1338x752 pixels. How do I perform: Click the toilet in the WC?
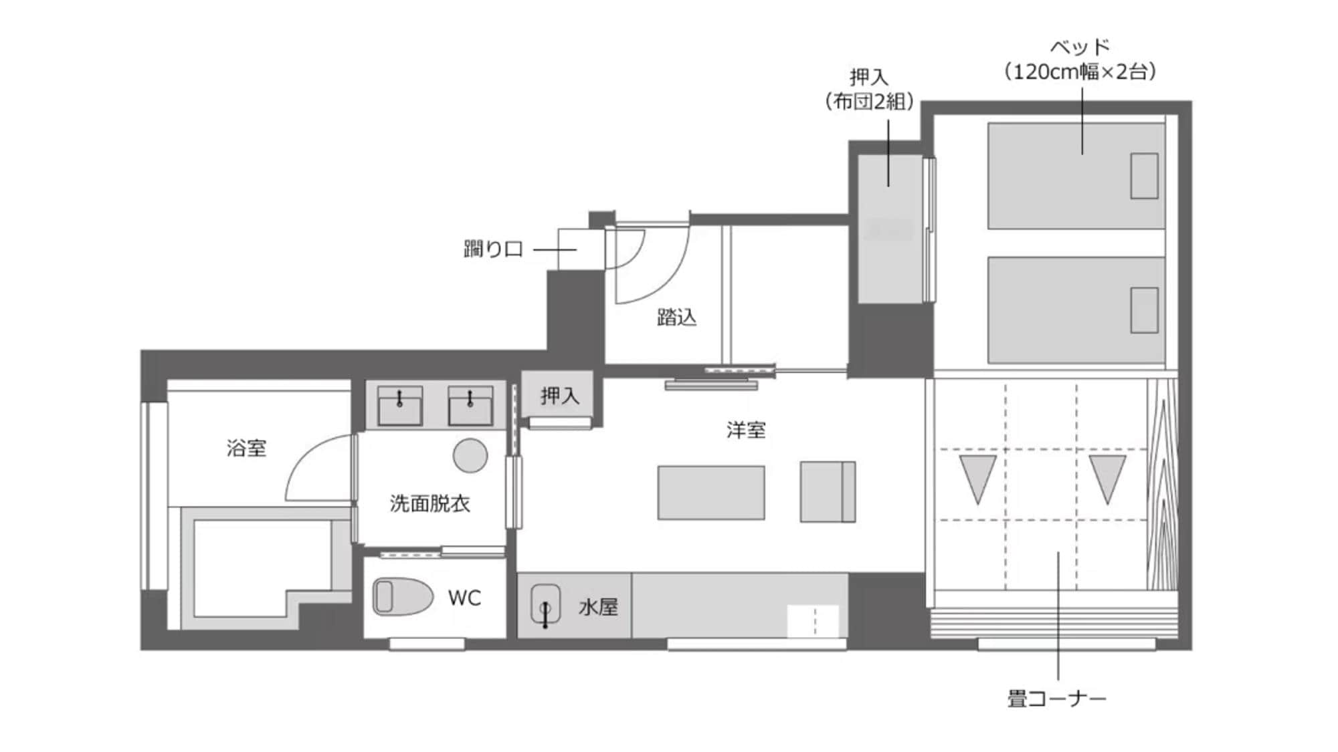[402, 596]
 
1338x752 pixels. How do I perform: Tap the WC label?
[464, 598]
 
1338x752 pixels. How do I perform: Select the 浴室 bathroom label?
[246, 448]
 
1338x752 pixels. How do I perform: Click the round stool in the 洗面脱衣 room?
[470, 455]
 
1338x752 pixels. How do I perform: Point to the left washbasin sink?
[400, 405]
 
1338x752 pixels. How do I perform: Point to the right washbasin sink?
[470, 405]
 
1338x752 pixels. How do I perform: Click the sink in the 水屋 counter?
[545, 605]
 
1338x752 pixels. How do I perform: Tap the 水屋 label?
[598, 607]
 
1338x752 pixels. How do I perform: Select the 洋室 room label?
[746, 430]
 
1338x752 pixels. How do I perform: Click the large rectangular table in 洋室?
[711, 493]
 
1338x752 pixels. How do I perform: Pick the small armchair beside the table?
[828, 491]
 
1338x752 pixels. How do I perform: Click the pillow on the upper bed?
[1144, 176]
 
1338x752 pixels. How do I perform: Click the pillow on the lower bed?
[1144, 310]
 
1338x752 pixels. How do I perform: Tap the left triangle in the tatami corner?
[977, 475]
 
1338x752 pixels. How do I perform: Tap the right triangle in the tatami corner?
[1107, 475]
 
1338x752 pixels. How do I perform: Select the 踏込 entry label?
[676, 317]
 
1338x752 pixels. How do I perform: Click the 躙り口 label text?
[493, 249]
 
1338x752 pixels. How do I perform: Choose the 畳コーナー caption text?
[1056, 699]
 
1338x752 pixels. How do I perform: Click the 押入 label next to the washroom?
[559, 396]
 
